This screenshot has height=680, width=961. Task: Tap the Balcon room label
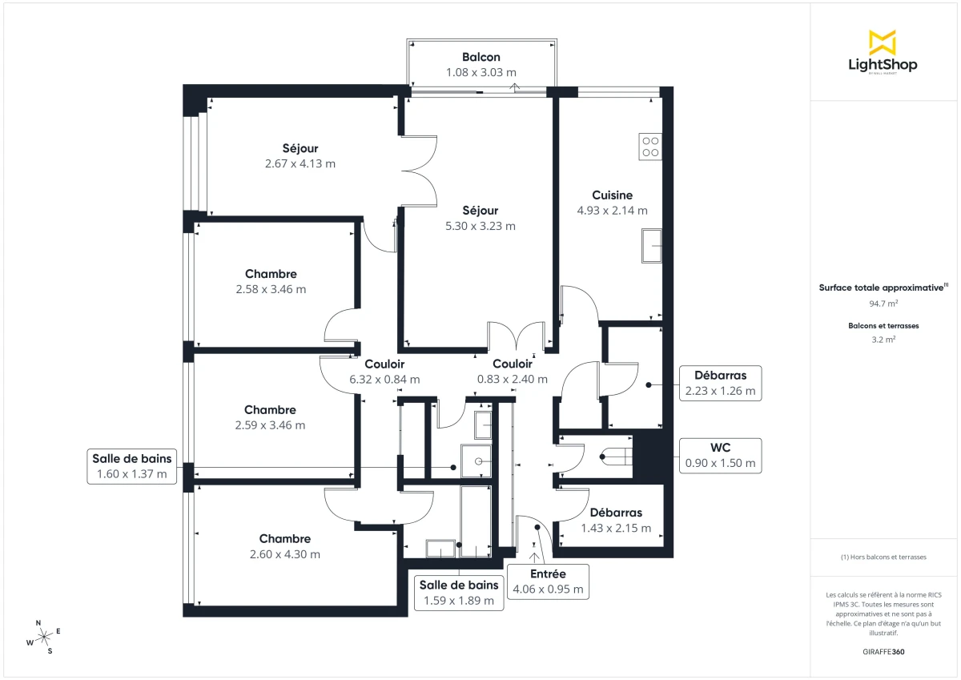tap(481, 57)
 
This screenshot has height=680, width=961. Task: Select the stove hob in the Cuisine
tap(650, 146)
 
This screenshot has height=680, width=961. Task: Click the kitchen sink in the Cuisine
tap(651, 245)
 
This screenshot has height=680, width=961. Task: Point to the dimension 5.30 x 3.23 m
tap(480, 226)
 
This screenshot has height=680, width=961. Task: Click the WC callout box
tap(719, 455)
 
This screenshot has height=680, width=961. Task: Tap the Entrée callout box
tap(548, 581)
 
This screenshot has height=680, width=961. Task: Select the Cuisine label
tap(613, 195)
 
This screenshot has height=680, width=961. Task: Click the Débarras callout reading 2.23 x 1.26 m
tap(719, 383)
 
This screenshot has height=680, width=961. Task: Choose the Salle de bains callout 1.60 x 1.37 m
tap(130, 465)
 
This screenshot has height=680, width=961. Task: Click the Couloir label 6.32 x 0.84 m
tap(384, 372)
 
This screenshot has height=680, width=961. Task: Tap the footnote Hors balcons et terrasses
tap(883, 557)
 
